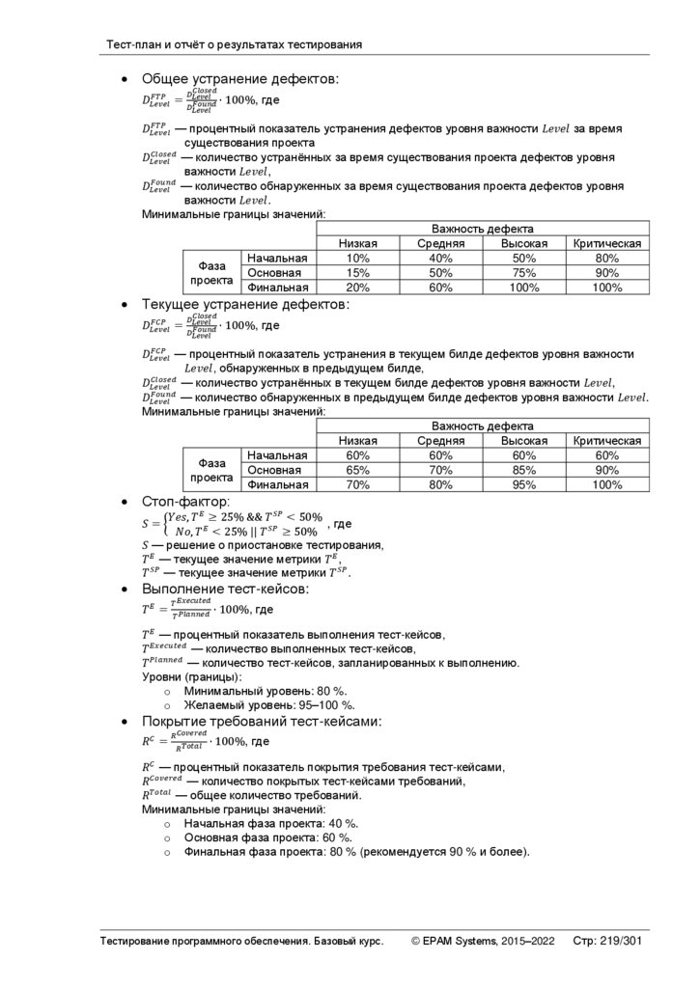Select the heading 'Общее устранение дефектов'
coord(240,79)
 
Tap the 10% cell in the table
coord(357,259)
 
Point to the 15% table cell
coord(357,273)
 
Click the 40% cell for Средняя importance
coord(440,259)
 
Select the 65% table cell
coord(357,470)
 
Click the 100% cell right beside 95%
coord(606,484)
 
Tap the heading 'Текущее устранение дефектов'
coord(245,305)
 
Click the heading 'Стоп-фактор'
coord(186,502)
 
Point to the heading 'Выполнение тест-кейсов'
coord(225,589)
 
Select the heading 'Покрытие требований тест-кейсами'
coord(262,721)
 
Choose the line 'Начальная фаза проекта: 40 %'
coord(271,823)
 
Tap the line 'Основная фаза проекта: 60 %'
coord(267,837)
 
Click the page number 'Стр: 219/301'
coord(607,941)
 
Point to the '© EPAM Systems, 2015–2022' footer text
coord(483,941)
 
